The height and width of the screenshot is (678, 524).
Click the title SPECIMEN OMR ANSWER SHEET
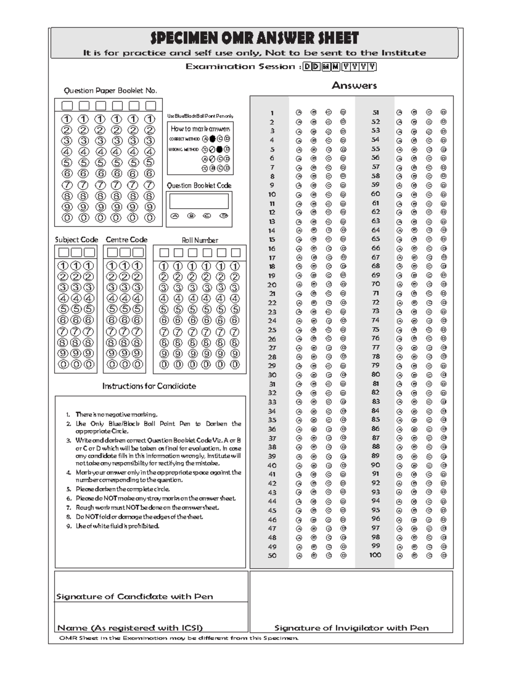(x=255, y=38)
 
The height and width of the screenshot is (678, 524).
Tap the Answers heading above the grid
(x=354, y=86)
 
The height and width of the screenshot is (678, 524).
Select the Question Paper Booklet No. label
(x=110, y=91)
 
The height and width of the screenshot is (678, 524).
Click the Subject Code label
(x=76, y=240)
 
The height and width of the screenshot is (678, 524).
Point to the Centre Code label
(x=127, y=240)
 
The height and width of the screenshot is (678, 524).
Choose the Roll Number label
(x=200, y=240)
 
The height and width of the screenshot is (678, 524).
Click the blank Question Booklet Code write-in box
(x=199, y=201)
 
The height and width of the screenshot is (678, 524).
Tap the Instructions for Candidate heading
(x=149, y=386)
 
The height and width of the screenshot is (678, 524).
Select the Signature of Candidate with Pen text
(x=134, y=596)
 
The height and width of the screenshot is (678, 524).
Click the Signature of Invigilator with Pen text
(x=352, y=628)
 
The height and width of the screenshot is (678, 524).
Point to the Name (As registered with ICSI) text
(x=130, y=628)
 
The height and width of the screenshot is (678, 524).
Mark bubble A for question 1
(x=299, y=113)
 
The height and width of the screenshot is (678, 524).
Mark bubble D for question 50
(x=343, y=556)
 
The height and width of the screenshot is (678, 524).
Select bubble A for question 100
(x=400, y=556)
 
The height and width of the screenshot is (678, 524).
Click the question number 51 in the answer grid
(x=376, y=113)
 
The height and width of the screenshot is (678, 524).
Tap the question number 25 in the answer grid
(x=272, y=330)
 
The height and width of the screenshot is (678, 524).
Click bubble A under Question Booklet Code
(x=175, y=216)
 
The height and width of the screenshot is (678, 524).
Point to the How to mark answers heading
(x=200, y=129)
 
